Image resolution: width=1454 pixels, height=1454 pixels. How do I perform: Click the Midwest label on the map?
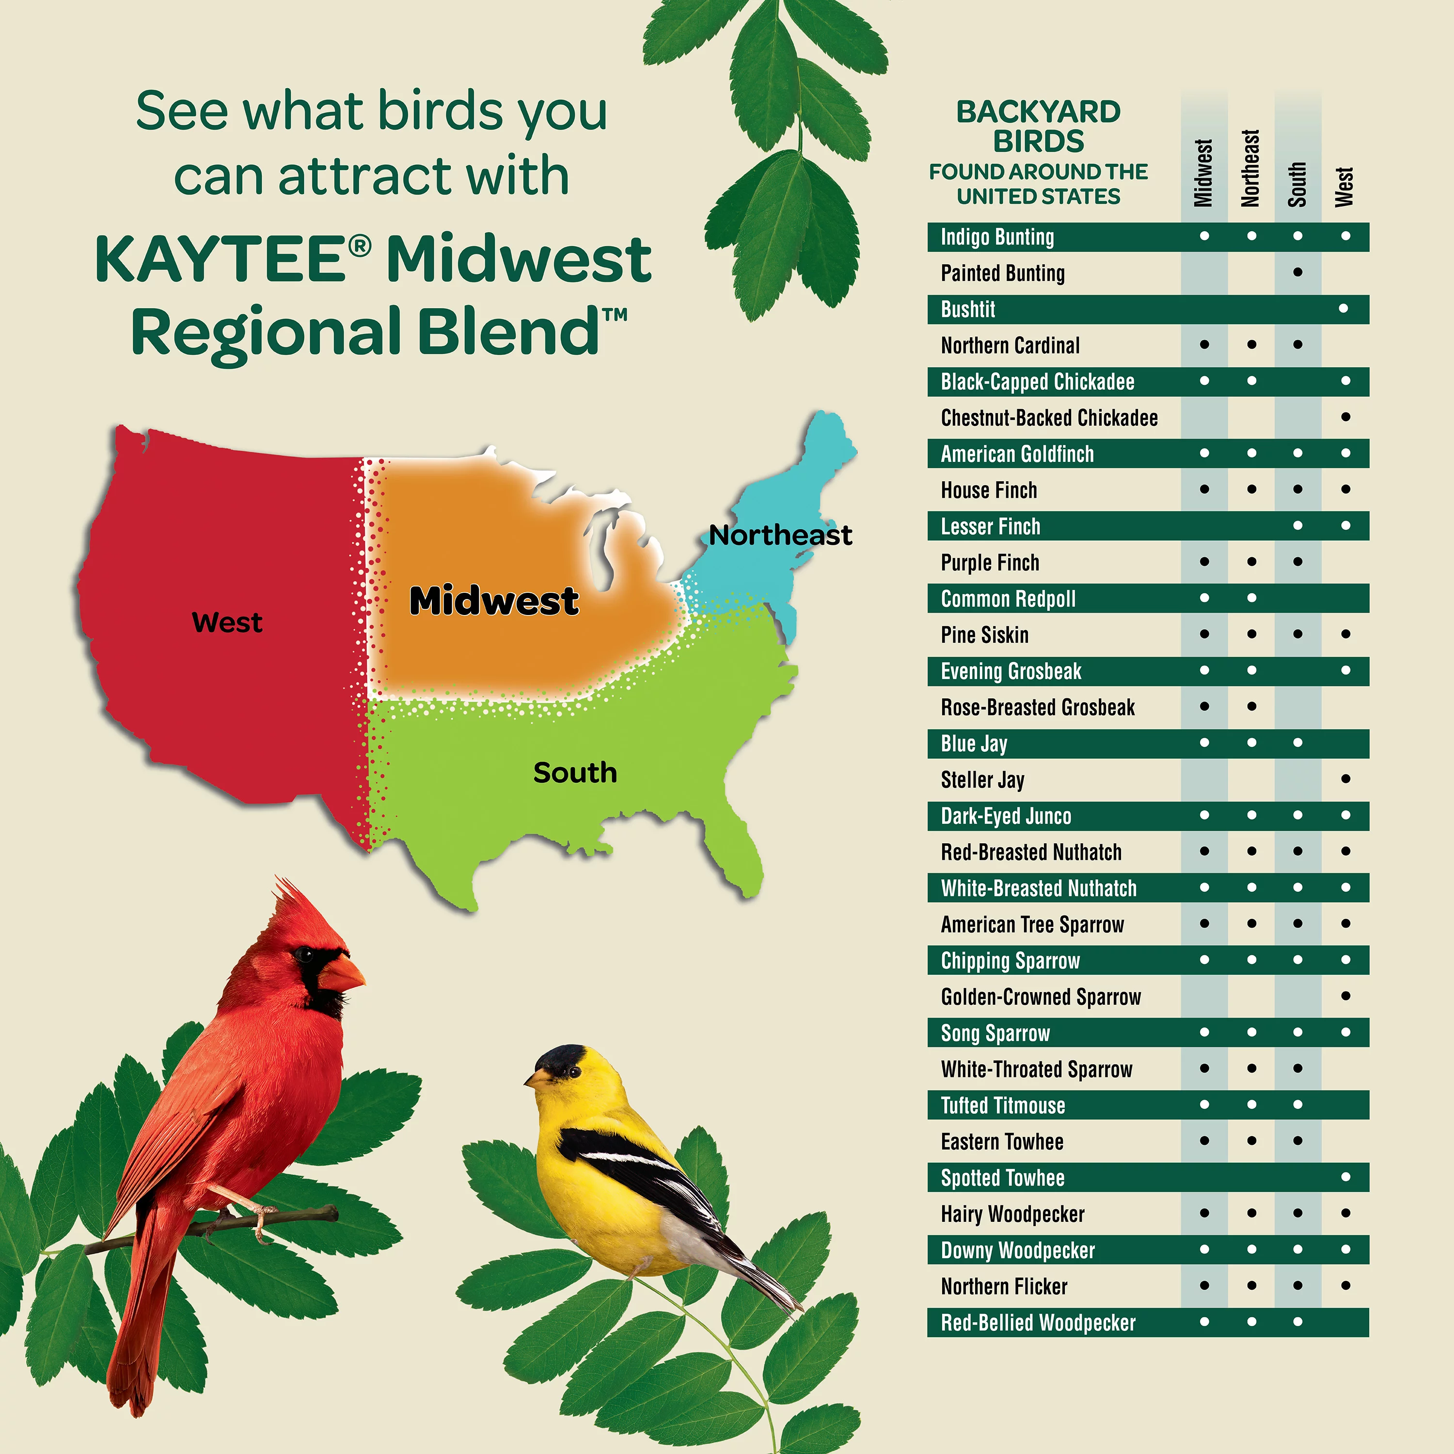pos(494,601)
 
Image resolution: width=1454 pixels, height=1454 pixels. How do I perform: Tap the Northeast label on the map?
pos(780,535)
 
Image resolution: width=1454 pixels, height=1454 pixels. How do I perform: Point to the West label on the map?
pos(227,622)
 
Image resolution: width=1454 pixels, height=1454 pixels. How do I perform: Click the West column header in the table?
pos(1344,187)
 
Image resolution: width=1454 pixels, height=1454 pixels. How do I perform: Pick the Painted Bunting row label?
pos(1002,273)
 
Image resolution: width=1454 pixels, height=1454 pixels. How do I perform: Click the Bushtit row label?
pos(968,309)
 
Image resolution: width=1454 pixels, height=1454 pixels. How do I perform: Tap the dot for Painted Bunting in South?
pos(1297,272)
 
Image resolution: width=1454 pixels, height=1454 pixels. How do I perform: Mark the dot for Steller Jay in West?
pos(1345,779)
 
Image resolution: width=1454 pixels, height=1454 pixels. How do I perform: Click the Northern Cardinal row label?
pos(1010,346)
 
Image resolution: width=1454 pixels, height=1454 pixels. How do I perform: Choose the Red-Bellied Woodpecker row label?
pos(1038,1322)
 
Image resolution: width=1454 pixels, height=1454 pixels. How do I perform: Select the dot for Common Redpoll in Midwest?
pos(1204,598)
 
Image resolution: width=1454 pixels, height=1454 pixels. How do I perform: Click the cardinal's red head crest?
pos(290,900)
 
